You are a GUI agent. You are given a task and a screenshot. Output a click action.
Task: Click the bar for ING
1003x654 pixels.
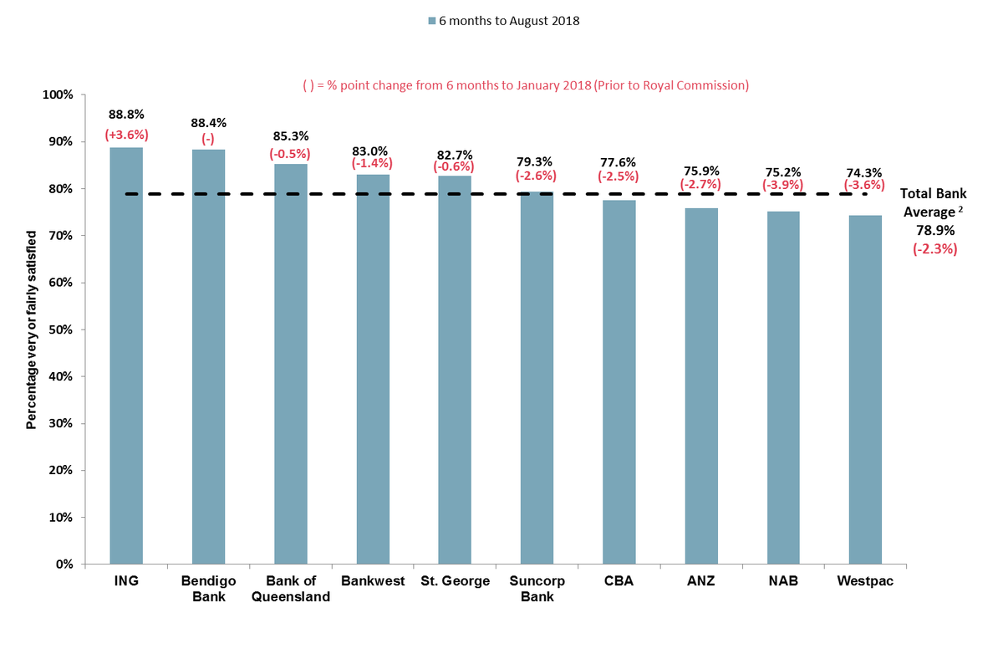pyautogui.click(x=126, y=355)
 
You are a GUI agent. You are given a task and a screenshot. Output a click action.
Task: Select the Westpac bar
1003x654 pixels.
pyautogui.click(x=865, y=389)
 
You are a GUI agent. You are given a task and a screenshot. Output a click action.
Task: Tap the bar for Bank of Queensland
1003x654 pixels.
pyautogui.click(x=290, y=364)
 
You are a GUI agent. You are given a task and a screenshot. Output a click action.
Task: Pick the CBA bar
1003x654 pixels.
pyautogui.click(x=619, y=381)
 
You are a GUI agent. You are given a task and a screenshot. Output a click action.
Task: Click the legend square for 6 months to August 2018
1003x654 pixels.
pyautogui.click(x=431, y=21)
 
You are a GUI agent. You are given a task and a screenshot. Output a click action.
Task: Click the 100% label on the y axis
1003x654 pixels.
pyautogui.click(x=58, y=95)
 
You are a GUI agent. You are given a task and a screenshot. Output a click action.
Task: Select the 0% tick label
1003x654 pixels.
pyautogui.click(x=64, y=565)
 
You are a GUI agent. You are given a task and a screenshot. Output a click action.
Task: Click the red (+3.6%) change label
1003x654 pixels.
pyautogui.click(x=126, y=134)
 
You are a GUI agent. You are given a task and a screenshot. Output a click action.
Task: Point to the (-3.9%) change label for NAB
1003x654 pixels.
pyautogui.click(x=783, y=184)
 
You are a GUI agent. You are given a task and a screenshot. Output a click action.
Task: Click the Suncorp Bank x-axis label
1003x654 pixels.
pyautogui.click(x=537, y=589)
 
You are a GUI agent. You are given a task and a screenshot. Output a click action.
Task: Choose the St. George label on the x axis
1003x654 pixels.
pyautogui.click(x=454, y=581)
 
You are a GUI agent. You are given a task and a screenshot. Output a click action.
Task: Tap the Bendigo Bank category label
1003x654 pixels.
pyautogui.click(x=208, y=589)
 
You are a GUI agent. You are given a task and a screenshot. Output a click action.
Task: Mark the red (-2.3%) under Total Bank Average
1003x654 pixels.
pyautogui.click(x=934, y=248)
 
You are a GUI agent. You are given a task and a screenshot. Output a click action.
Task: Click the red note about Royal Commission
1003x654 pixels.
pyautogui.click(x=525, y=85)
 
